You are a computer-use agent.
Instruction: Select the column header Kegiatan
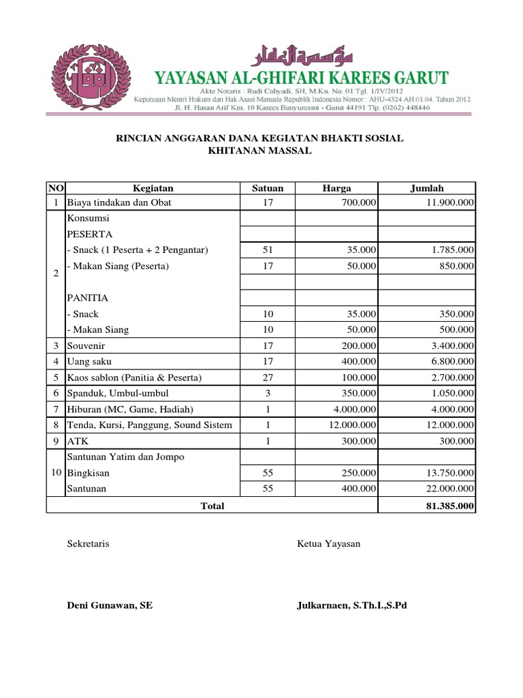153,188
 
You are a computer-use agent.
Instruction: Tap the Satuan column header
267,188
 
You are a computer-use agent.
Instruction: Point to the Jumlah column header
427,188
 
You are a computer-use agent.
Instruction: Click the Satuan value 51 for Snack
267,250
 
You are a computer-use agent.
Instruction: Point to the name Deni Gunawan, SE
110,605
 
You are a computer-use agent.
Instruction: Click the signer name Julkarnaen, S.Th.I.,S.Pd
351,605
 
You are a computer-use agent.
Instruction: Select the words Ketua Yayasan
329,544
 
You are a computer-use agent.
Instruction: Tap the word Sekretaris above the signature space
89,544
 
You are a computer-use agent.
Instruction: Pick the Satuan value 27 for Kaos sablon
267,378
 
